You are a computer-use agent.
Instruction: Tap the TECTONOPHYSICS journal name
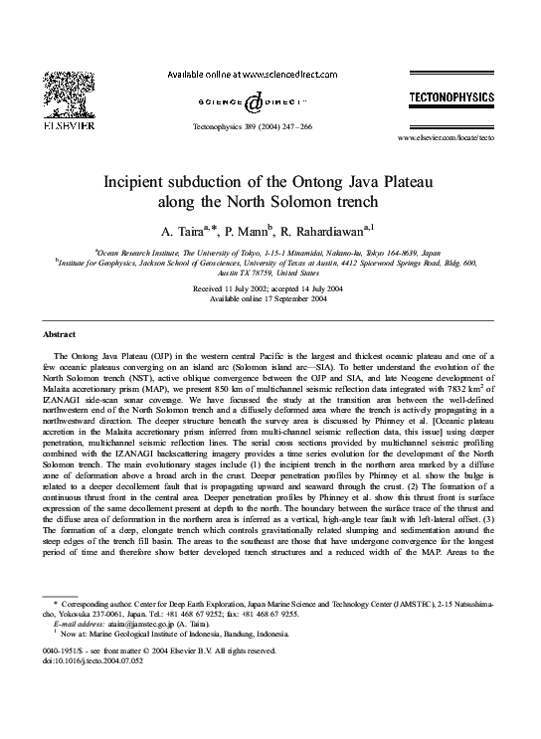click(x=451, y=96)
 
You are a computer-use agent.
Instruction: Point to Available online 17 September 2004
click(x=270, y=297)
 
